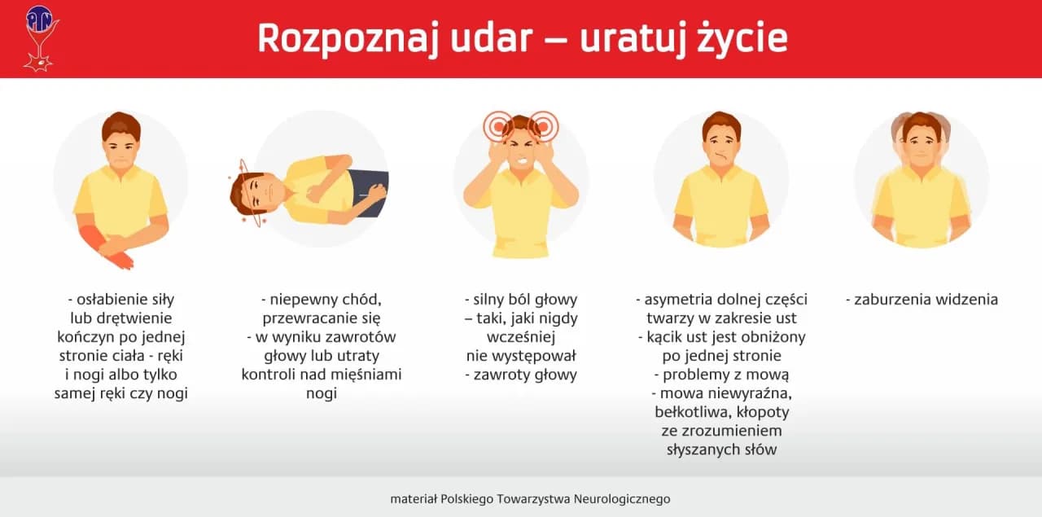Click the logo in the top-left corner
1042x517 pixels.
click(x=39, y=37)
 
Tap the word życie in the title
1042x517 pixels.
click(x=742, y=39)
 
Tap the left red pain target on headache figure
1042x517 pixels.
click(x=497, y=126)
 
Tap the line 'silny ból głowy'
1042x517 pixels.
click(x=520, y=300)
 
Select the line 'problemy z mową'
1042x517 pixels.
click(x=720, y=375)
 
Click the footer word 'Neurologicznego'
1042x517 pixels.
click(x=622, y=498)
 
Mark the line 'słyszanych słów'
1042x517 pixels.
click(x=720, y=449)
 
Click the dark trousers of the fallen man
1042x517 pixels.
click(x=372, y=190)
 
